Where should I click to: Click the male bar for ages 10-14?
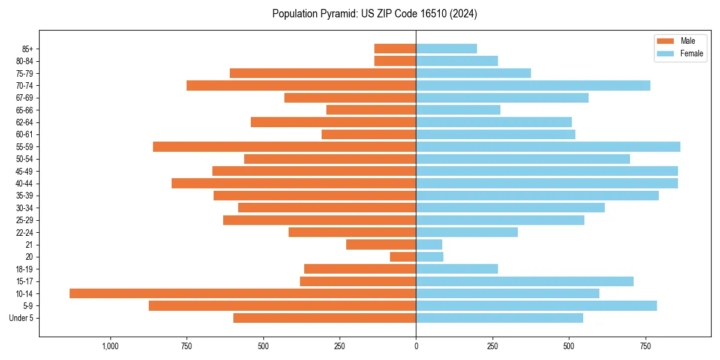click(x=242, y=293)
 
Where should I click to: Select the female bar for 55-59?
click(x=548, y=146)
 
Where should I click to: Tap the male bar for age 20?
click(x=403, y=257)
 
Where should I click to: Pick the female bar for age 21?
click(x=429, y=244)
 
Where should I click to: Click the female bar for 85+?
click(x=446, y=49)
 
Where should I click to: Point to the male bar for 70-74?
click(x=301, y=85)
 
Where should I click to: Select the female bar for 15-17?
click(x=524, y=281)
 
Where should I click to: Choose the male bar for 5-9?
click(x=282, y=305)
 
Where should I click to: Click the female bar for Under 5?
click(x=499, y=318)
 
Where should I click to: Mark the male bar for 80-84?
click(x=395, y=61)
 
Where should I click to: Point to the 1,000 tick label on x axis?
click(x=110, y=346)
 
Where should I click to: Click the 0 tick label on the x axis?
click(x=416, y=346)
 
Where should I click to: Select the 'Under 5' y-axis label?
click(x=22, y=318)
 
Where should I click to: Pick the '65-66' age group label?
click(x=25, y=110)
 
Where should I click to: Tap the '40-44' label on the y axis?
click(x=25, y=183)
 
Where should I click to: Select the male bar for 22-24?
click(x=352, y=232)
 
